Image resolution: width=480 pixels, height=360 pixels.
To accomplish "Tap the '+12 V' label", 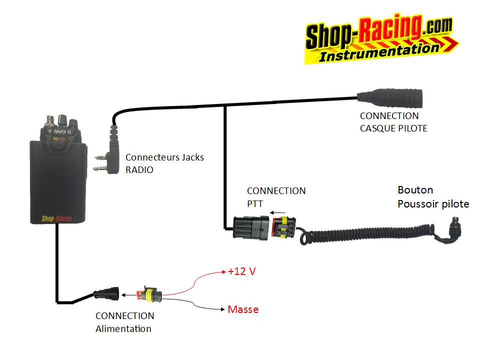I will pyautogui.click(x=241, y=271).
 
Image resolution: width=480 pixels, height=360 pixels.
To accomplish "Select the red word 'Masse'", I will pyautogui.click(x=243, y=309).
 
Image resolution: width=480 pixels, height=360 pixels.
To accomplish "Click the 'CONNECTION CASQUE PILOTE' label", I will pyautogui.click(x=393, y=122).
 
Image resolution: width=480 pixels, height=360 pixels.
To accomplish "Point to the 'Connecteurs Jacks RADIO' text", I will pyautogui.click(x=164, y=163).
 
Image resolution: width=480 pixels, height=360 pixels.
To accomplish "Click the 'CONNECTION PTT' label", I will pyautogui.click(x=276, y=197).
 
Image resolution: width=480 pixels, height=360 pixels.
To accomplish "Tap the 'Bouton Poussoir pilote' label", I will pyautogui.click(x=433, y=197).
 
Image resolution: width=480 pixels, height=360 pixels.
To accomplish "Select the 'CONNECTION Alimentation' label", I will pyautogui.click(x=124, y=322).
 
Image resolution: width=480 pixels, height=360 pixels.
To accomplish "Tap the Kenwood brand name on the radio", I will pyautogui.click(x=60, y=132).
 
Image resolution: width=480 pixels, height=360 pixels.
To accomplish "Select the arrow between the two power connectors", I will pyautogui.click(x=130, y=294).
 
